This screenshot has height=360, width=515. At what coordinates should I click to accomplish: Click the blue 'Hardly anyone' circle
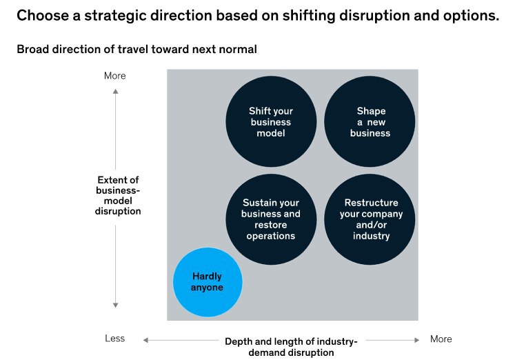208,282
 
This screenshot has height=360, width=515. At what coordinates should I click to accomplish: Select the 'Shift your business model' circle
271,121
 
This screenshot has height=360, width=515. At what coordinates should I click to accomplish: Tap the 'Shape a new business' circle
370,121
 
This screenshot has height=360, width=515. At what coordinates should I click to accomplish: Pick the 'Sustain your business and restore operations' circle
271,219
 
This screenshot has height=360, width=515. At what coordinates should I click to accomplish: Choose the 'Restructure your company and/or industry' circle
370,219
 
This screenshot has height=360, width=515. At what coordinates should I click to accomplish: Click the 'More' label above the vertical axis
114,76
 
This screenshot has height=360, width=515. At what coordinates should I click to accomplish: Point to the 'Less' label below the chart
114,339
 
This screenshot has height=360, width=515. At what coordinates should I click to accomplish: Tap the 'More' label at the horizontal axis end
441,339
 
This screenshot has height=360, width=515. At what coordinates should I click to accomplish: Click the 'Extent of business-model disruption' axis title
118,195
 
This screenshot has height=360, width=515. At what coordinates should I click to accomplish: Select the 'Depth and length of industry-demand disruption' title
291,347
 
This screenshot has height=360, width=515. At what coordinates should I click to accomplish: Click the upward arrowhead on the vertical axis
115,91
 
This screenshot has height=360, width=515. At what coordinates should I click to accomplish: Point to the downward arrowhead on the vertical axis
115,305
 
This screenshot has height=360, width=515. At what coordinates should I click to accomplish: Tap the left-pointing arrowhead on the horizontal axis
145,340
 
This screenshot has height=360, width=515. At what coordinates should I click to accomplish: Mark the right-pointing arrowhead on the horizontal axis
417,340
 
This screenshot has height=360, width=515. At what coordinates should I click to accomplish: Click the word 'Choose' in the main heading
43,15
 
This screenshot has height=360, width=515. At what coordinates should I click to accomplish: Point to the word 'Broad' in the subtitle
32,49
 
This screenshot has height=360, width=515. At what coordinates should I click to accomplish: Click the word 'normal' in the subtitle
238,49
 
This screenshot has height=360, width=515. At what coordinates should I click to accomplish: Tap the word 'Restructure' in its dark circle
371,203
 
